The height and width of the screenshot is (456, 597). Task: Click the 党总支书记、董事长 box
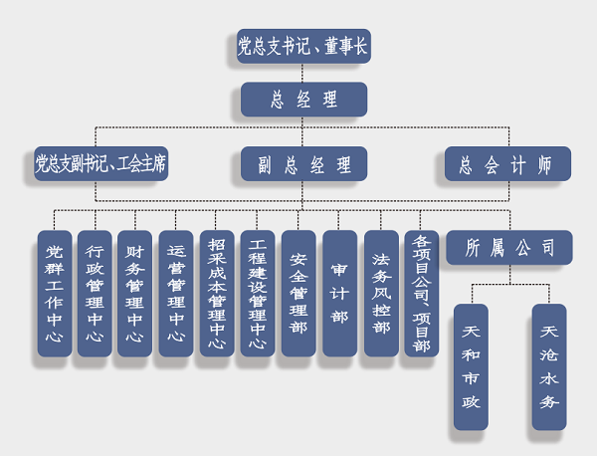coord(303,46)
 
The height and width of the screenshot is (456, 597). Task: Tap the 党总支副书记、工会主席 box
coord(99,163)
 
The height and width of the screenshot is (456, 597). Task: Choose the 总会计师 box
coord(507,163)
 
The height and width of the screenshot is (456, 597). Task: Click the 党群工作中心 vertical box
coord(54,294)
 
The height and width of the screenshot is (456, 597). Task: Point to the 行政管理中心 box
coord(95,294)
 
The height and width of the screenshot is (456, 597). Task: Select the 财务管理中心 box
coord(135,294)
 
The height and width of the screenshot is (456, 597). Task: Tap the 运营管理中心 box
coord(176,294)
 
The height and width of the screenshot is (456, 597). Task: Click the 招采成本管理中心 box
coord(217,294)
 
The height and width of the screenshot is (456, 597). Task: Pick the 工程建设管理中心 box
coord(258,294)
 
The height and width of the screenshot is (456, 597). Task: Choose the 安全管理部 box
coord(298,294)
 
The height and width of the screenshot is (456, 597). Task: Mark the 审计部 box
coord(339,294)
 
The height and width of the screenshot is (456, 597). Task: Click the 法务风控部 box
coord(380,294)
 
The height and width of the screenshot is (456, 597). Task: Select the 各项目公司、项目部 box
coord(421,294)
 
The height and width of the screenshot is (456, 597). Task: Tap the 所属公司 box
coord(509,248)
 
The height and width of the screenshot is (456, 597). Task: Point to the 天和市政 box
coord(471,366)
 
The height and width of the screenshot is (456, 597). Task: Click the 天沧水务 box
coord(548,366)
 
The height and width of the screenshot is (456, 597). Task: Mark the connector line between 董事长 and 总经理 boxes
coord(303,73)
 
